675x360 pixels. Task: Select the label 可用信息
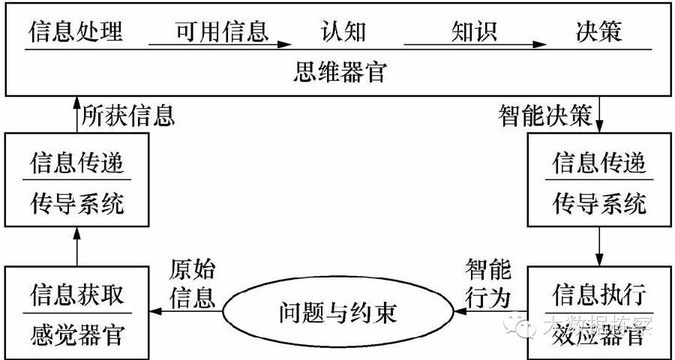(221, 31)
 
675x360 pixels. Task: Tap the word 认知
(343, 31)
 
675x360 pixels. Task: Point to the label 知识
(474, 31)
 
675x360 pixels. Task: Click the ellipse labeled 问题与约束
(339, 310)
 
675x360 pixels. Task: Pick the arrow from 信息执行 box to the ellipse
(491, 310)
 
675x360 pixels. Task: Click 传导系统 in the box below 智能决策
(598, 203)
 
